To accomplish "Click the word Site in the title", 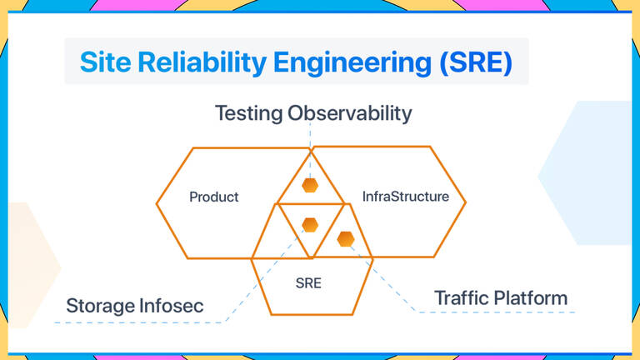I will tap(106, 62).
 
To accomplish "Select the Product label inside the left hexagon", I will tap(213, 197).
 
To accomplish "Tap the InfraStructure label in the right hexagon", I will tap(405, 197).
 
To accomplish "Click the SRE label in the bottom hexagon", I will tap(308, 283).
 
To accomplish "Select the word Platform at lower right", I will tap(536, 297).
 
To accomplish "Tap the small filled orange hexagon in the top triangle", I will tap(310, 185).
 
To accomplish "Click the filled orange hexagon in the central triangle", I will tap(310, 224).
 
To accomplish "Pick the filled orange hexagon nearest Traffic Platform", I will tap(345, 239).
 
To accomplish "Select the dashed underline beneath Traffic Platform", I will tap(500, 312).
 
